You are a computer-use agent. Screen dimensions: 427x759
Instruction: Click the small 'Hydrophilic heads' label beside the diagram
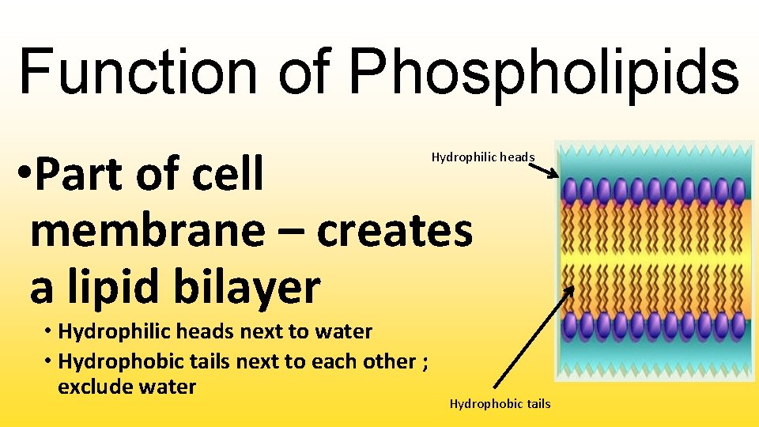point(482,157)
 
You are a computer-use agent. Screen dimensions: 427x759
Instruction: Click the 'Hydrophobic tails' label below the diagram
point(500,404)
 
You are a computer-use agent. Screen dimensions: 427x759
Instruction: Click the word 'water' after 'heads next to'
point(343,331)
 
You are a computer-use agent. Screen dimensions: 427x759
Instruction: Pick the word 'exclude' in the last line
point(93,387)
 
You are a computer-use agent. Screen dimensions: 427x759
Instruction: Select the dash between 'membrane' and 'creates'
point(288,232)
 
